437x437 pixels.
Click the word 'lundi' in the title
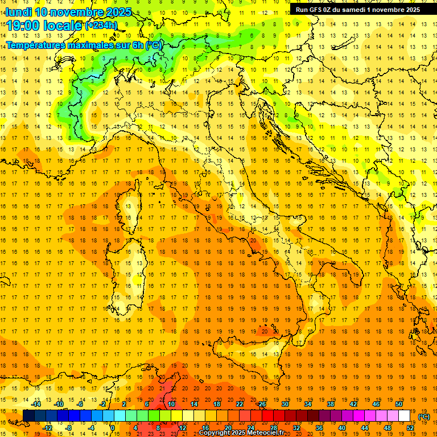click(x=18, y=12)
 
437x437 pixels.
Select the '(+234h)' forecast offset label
click(x=101, y=26)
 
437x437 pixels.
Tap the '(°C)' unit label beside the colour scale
click(x=424, y=417)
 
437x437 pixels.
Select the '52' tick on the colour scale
click(x=411, y=428)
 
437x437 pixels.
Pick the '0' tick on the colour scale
click(x=112, y=428)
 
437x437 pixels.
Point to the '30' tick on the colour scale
click(x=285, y=404)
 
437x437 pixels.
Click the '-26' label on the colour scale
click(x=262, y=404)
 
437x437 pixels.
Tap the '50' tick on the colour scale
click(x=399, y=404)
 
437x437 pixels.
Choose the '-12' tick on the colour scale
click(x=48, y=428)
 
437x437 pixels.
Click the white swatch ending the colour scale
click(x=405, y=416)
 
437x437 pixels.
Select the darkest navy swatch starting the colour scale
click(x=28, y=416)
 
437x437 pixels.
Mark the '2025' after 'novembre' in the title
click(x=119, y=12)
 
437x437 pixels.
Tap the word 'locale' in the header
click(x=62, y=26)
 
